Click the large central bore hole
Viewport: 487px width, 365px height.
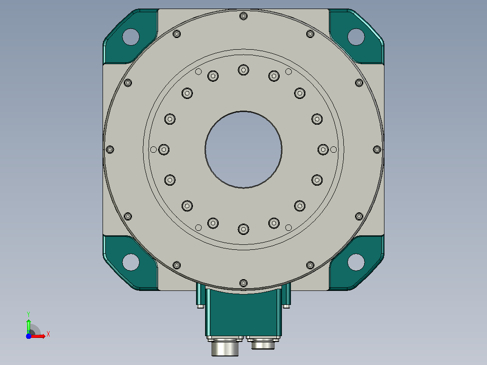point(243,150)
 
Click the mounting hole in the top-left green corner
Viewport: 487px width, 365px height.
point(131,37)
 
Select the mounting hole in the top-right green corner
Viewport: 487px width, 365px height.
point(356,37)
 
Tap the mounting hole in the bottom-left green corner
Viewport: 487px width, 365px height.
point(131,262)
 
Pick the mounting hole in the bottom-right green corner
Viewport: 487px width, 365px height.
point(356,262)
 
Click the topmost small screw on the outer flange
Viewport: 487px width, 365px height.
point(243,16)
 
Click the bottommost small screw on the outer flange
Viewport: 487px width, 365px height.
point(243,283)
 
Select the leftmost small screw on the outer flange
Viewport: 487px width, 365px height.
point(110,150)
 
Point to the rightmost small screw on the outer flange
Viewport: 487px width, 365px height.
point(377,150)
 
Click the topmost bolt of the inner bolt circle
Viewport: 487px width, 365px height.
point(243,70)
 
